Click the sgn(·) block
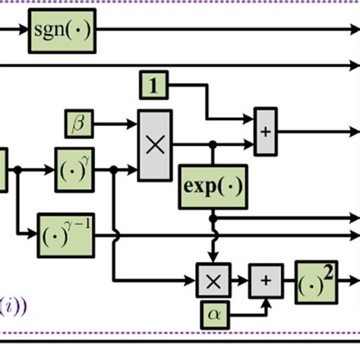click(62, 32)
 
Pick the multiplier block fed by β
click(154, 145)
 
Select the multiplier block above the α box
click(213, 279)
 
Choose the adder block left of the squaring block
click(266, 279)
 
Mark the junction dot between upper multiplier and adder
click(213, 144)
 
